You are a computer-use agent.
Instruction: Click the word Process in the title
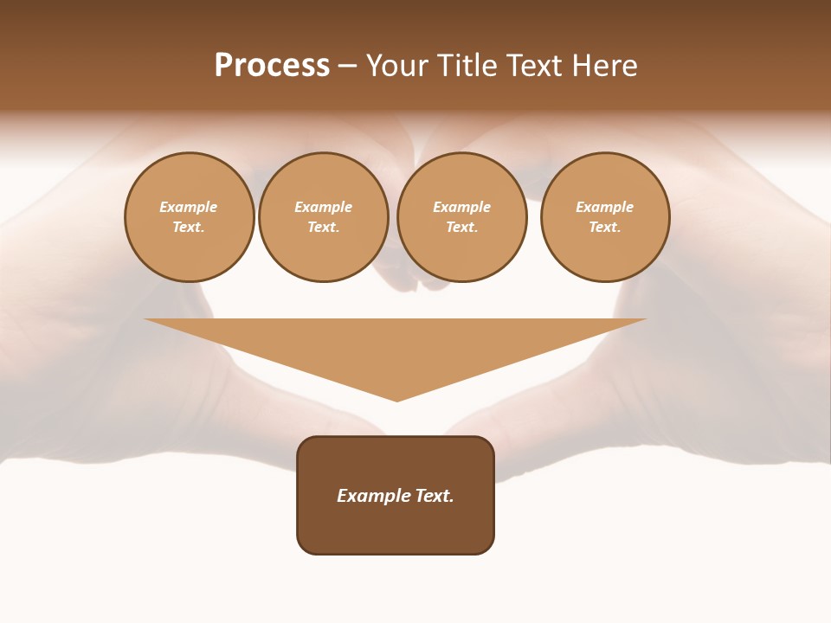[272, 66]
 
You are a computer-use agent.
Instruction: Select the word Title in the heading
[464, 66]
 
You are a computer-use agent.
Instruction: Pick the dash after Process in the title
[347, 67]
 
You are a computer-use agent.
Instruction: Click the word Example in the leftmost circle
[189, 207]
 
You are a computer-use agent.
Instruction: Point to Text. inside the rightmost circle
[605, 227]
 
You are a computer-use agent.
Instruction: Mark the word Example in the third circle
[461, 207]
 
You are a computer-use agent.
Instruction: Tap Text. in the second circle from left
[323, 227]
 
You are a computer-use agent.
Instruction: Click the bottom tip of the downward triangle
[397, 399]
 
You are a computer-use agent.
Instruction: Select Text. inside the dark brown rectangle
[435, 496]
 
